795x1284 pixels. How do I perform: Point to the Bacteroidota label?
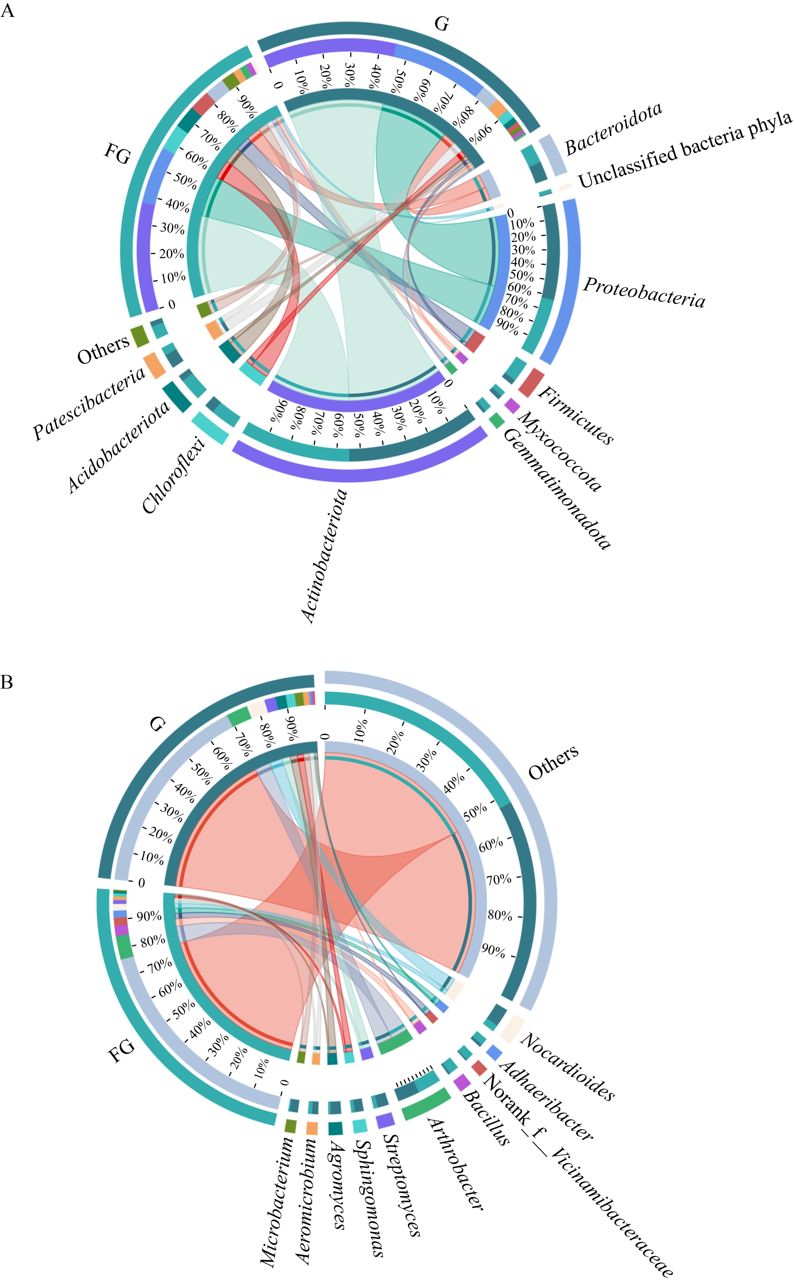614,129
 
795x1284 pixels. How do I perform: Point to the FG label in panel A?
118,154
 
